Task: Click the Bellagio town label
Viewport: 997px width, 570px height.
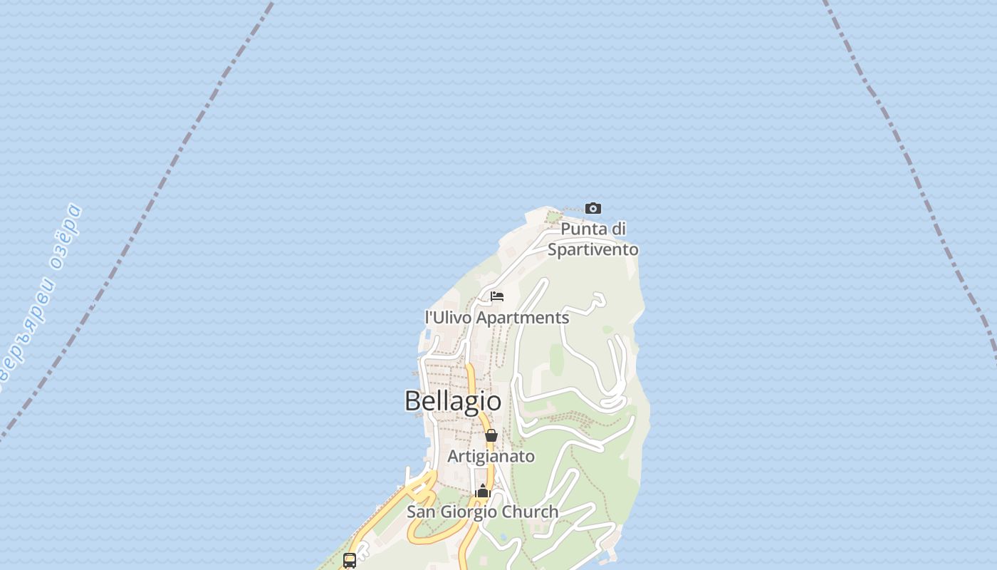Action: [x=453, y=401]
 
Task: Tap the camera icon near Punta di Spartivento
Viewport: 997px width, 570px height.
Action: [x=593, y=209]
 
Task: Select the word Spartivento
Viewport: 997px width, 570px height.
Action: [x=593, y=250]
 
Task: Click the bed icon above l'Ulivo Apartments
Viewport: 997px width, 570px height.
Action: [x=497, y=296]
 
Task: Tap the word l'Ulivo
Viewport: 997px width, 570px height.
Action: [x=448, y=318]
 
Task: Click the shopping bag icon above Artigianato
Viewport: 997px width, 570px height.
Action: [x=491, y=435]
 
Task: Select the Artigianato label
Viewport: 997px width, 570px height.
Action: [x=491, y=456]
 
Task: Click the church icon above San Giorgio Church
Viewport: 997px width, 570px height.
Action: [x=483, y=492]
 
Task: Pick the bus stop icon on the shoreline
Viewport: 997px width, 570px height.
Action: [x=349, y=560]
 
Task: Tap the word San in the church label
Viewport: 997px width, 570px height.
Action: [x=420, y=512]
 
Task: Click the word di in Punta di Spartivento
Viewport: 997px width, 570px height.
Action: [x=618, y=229]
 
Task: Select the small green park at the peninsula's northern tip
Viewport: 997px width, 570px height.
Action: [x=553, y=216]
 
